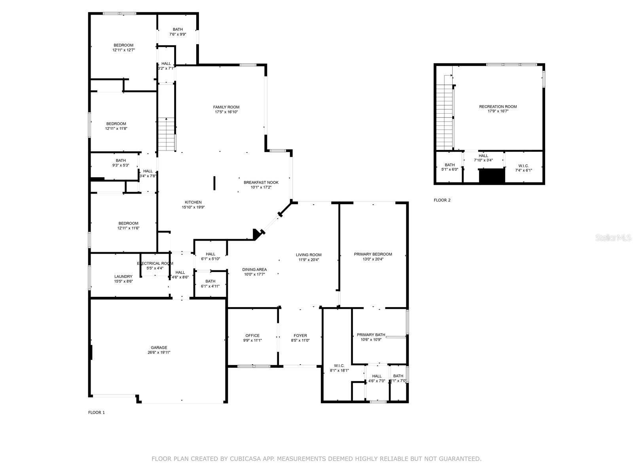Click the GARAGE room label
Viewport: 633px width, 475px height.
[x=159, y=348]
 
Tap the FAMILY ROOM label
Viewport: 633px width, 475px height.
[x=226, y=107]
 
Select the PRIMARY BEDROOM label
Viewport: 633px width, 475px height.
[x=373, y=254]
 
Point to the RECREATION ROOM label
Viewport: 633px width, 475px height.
[x=498, y=106]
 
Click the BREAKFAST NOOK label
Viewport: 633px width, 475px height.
[x=261, y=182]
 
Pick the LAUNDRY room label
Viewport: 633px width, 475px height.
[x=123, y=276]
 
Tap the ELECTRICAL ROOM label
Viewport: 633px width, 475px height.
[x=155, y=263]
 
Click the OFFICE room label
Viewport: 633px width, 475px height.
[x=252, y=335]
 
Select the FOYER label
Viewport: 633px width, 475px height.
[x=300, y=335]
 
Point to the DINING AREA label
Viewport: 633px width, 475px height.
[x=254, y=270]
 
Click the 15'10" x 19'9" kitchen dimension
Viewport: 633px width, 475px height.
[x=193, y=207]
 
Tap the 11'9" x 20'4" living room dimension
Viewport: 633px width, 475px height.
[x=309, y=260]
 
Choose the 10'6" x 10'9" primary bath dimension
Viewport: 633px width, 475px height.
[x=371, y=340]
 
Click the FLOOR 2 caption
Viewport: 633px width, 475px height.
[x=442, y=200]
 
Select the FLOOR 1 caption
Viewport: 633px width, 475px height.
[x=96, y=412]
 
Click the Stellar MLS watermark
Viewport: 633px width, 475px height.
[x=613, y=238]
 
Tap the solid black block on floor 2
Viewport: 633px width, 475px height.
[x=492, y=176]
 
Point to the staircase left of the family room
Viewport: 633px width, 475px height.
[x=167, y=135]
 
